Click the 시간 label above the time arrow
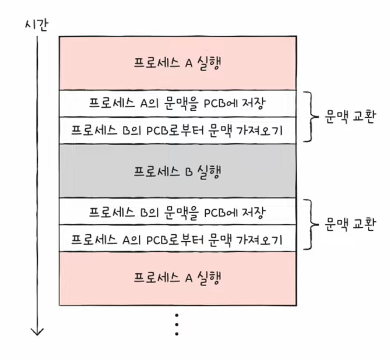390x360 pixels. pyautogui.click(x=36, y=25)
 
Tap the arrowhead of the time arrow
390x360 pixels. pyautogui.click(x=37, y=332)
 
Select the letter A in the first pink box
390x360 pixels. pyautogui.click(x=189, y=63)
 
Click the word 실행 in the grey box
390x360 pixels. pyautogui.click(x=209, y=171)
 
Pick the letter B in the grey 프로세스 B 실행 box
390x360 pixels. pyautogui.click(x=189, y=172)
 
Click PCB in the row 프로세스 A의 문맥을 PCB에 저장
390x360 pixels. pyautogui.click(x=214, y=104)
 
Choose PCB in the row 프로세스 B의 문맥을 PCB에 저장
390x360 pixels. pyautogui.click(x=214, y=213)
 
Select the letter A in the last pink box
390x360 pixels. pyautogui.click(x=189, y=278)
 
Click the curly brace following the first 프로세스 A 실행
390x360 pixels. pyautogui.click(x=311, y=117)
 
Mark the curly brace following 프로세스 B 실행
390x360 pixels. pyautogui.click(x=311, y=224)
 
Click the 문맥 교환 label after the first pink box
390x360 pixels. pyautogui.click(x=350, y=117)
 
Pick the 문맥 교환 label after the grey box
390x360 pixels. pyautogui.click(x=350, y=224)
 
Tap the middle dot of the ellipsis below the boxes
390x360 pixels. pyautogui.click(x=177, y=324)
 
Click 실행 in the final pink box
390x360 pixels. pyautogui.click(x=209, y=278)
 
